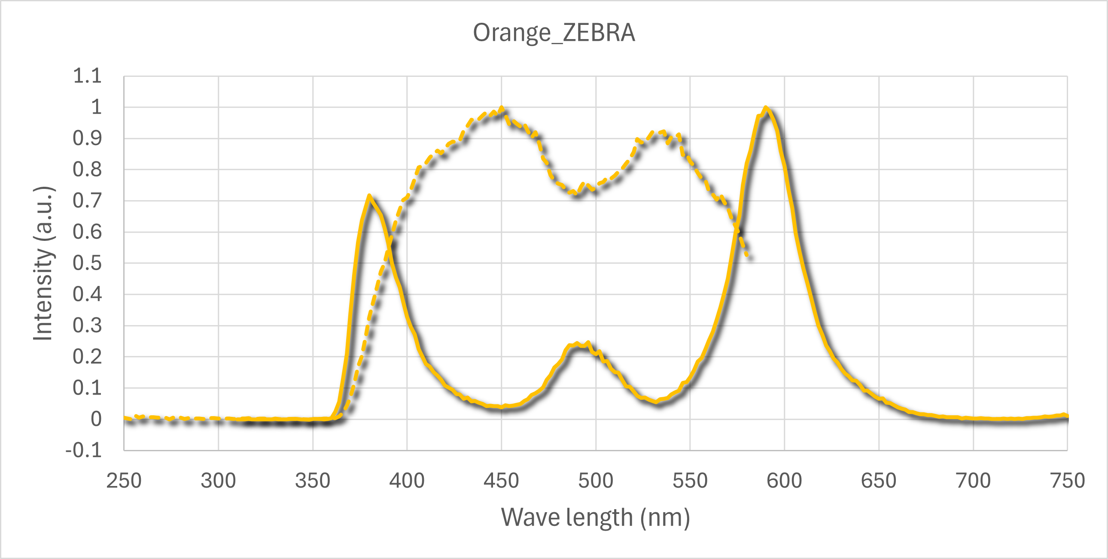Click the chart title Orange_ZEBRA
tap(554, 33)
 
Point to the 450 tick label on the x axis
tap(501, 480)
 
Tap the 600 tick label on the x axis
tap(784, 480)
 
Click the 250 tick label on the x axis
tap(124, 480)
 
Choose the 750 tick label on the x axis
tap(1068, 480)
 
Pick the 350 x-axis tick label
tap(313, 480)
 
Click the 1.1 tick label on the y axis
tap(87, 76)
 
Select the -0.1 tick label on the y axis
tap(83, 451)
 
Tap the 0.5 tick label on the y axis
tap(87, 263)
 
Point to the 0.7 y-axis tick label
tap(87, 201)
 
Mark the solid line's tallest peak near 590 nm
tap(766, 107)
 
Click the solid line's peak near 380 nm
tap(369, 196)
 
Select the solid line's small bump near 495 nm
tap(578, 344)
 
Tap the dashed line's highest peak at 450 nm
tap(502, 108)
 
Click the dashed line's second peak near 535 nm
tap(662, 131)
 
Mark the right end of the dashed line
tap(749, 257)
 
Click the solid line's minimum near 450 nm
tap(501, 407)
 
